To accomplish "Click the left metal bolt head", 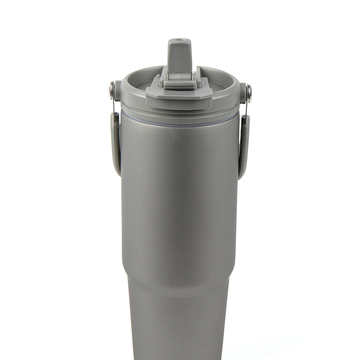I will [112, 85].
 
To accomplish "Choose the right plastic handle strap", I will [244, 148].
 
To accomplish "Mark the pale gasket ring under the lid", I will [179, 117].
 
